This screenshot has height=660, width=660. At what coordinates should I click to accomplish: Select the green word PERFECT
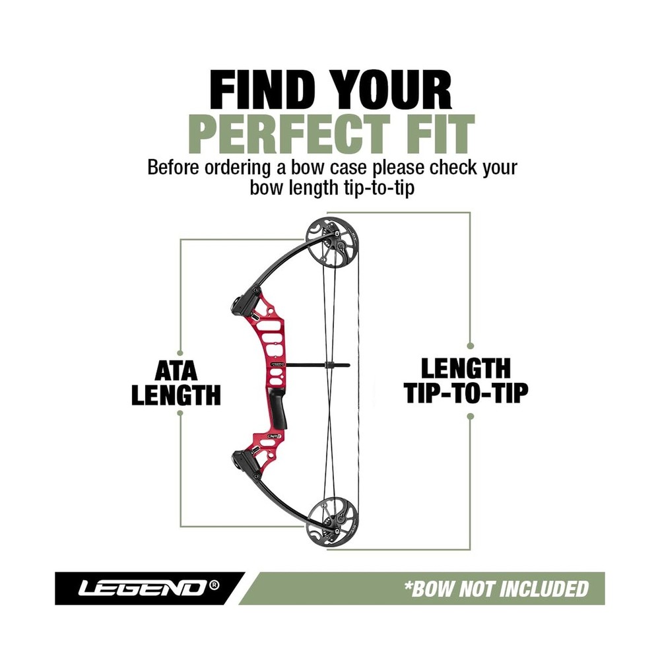pos(289,133)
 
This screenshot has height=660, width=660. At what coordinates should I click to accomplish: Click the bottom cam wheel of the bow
pos(332,521)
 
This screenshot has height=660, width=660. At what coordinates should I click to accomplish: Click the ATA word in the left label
pos(176,371)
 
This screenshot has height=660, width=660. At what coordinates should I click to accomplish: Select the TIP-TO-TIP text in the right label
pos(465,393)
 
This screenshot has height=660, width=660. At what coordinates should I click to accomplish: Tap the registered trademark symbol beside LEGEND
pos(214,585)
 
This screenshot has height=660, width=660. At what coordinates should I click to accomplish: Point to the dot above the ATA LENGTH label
pos(180,352)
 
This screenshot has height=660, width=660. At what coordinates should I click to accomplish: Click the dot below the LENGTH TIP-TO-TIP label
pos(471,416)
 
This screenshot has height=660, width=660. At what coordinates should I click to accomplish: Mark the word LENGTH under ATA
pos(176,395)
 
